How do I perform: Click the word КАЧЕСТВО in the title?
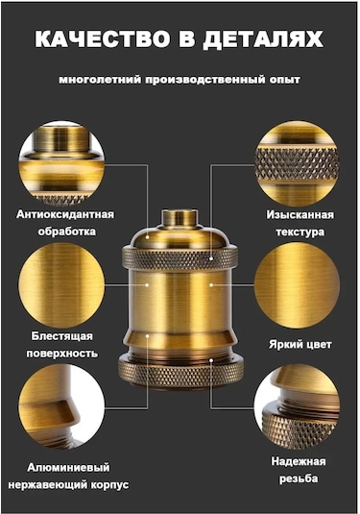(x=102, y=39)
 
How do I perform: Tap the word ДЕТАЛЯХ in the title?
(x=263, y=40)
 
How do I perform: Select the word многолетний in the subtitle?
(x=100, y=80)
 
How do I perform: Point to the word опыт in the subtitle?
(x=284, y=80)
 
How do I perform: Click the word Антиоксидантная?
(x=65, y=214)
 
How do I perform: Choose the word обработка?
(x=67, y=232)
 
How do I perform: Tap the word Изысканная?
(x=300, y=214)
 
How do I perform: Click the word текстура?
(x=300, y=232)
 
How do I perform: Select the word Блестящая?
(x=62, y=336)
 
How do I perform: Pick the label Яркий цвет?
(x=300, y=345)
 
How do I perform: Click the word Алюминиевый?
(x=68, y=467)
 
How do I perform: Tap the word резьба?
(x=299, y=478)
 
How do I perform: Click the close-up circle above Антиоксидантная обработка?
(x=61, y=163)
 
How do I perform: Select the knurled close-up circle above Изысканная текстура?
(x=297, y=163)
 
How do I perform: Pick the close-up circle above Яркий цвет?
(x=297, y=285)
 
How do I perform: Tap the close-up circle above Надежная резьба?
(x=297, y=407)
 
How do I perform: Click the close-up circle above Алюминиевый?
(x=61, y=407)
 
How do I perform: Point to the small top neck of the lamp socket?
(x=180, y=218)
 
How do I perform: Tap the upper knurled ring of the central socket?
(x=180, y=259)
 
